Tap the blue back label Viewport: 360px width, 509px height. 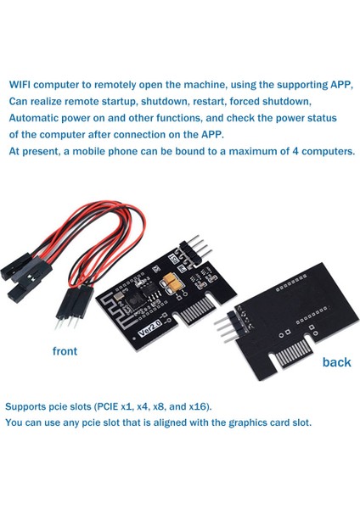[x=336, y=362]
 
